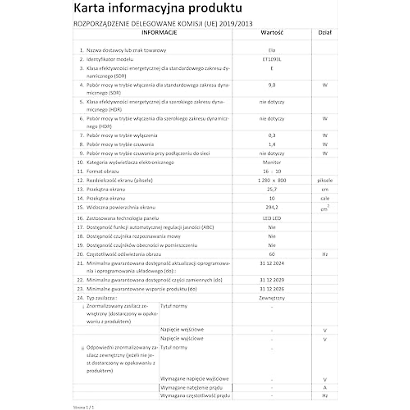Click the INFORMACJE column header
[159, 33]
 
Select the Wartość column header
[272, 33]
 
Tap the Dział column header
[325, 33]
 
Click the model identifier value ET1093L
[272, 59]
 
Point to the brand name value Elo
[272, 50]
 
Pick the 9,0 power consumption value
[272, 85]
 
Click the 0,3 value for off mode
[272, 135]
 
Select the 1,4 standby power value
[272, 145]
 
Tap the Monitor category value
[272, 162]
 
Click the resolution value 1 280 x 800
[272, 180]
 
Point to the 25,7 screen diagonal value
[272, 189]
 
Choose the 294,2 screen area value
[272, 207]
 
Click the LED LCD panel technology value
[272, 218]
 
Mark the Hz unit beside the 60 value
[325, 254]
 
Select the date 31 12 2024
[272, 263]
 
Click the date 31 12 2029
[272, 280]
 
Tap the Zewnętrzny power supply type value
[272, 298]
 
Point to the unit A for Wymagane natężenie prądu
[325, 388]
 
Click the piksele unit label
[325, 180]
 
